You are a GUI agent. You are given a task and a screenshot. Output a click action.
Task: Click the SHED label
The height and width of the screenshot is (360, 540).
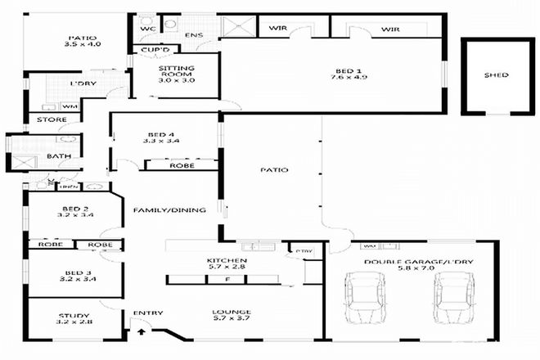pos(496,75)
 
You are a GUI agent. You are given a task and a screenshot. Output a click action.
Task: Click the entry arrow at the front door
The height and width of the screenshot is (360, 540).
pos(141,331)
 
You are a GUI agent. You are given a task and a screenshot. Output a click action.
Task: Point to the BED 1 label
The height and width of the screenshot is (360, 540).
pos(337,70)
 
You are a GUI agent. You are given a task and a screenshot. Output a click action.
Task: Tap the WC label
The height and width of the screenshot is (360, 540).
pos(148,29)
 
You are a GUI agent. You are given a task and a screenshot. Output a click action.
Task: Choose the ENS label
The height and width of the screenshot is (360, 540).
pos(193,35)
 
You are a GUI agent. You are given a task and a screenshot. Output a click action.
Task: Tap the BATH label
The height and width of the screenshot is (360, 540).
pos(57,155)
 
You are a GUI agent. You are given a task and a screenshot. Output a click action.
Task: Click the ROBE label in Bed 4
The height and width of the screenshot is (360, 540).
pos(181,165)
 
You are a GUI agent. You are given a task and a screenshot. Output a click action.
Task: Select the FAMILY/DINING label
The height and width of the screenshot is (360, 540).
pos(169,210)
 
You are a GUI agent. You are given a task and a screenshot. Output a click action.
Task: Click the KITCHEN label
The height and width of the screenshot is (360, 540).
pos(227,261)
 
